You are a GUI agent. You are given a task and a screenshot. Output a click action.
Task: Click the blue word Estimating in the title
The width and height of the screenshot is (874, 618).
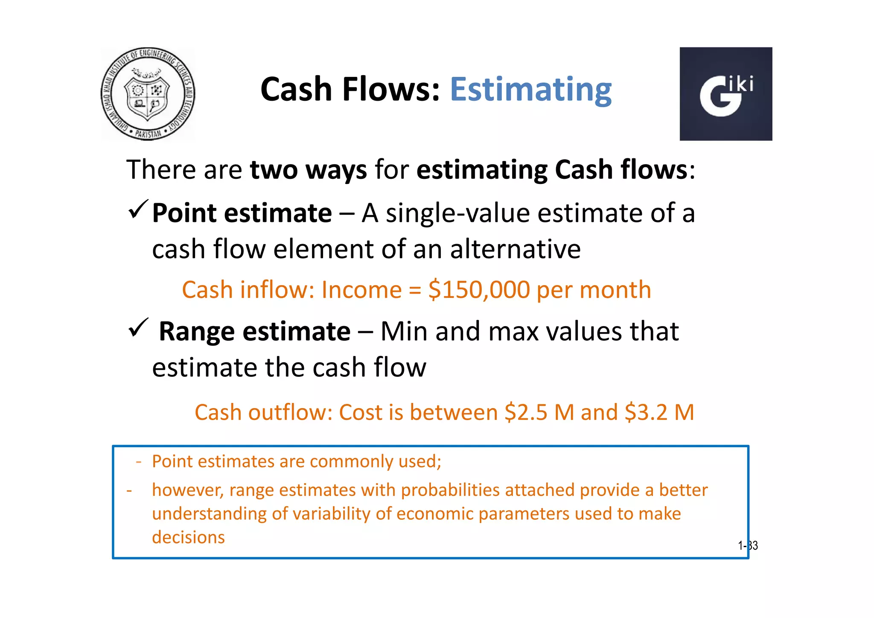pyautogui.click(x=530, y=90)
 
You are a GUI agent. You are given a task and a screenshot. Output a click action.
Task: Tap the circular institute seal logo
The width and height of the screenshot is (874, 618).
pyautogui.click(x=148, y=94)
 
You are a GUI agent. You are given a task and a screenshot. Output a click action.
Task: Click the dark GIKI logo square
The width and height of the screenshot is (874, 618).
pyautogui.click(x=725, y=94)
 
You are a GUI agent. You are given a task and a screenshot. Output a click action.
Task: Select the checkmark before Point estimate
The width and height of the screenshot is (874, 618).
pyautogui.click(x=138, y=210)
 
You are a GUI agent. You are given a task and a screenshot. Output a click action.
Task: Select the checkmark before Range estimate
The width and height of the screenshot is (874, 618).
pyautogui.click(x=138, y=328)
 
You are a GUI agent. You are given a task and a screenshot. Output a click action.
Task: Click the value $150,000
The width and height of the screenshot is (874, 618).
pyautogui.click(x=479, y=290)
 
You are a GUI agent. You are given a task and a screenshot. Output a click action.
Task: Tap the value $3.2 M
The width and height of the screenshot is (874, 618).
pyautogui.click(x=659, y=412)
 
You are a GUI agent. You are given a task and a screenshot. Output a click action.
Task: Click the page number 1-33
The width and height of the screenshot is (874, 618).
pyautogui.click(x=748, y=545)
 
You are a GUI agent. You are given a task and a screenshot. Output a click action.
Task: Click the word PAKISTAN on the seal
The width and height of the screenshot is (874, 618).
pyautogui.click(x=148, y=134)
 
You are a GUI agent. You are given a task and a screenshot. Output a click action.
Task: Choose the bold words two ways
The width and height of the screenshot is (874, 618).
pyautogui.click(x=308, y=169)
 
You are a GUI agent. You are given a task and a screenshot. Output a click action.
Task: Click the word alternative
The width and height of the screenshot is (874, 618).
pyautogui.click(x=515, y=249)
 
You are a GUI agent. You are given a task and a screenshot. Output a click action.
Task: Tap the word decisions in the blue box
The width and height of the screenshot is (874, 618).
pyautogui.click(x=188, y=537)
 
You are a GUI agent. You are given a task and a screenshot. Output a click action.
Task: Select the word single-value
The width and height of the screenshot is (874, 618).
pyautogui.click(x=457, y=213)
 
